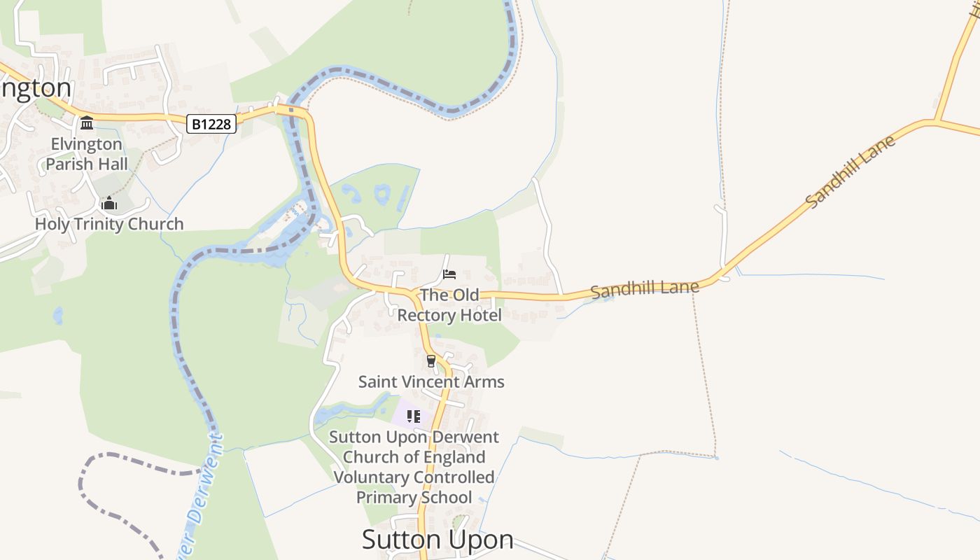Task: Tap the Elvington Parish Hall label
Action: point(87,154)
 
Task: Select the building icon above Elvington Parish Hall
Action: point(87,123)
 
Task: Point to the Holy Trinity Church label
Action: point(109,224)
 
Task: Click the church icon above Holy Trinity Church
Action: point(109,204)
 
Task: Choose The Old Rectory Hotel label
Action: point(449,305)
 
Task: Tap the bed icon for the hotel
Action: point(449,274)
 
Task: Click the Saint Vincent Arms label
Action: point(431,381)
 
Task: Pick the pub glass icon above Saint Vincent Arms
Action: point(431,361)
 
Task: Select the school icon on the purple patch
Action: point(413,416)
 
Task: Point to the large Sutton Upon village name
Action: point(437,540)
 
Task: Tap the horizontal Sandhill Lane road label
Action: point(645,288)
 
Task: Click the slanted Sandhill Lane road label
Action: point(850,171)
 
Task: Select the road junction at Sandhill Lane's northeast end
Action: point(935,122)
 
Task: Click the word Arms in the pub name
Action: point(484,381)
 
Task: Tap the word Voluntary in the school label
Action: point(371,477)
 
